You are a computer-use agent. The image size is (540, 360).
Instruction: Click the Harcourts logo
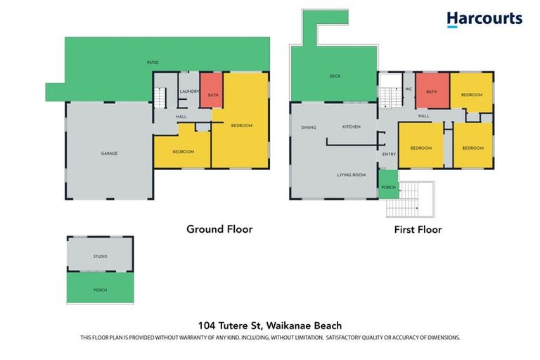tap(484, 19)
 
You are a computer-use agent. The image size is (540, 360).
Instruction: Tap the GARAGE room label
tap(109, 153)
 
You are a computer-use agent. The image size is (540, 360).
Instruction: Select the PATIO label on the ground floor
tap(153, 63)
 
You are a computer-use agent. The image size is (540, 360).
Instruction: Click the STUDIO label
tap(100, 256)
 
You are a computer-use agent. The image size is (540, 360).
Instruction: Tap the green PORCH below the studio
tap(100, 289)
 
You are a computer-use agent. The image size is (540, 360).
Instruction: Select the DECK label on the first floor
tap(335, 76)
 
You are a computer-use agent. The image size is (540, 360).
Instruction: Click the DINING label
tap(309, 127)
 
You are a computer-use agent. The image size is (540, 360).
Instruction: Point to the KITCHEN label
tap(351, 127)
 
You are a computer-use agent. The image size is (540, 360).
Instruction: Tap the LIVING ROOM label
tap(351, 174)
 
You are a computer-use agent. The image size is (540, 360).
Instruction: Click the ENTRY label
tap(389, 155)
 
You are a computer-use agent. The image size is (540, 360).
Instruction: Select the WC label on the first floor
tap(408, 89)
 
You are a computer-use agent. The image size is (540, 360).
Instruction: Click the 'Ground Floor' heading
tap(219, 229)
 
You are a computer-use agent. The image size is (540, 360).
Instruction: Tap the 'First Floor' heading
tap(418, 229)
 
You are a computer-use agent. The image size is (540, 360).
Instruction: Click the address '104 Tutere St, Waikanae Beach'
tap(270, 325)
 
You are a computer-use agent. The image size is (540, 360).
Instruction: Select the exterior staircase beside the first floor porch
tap(411, 200)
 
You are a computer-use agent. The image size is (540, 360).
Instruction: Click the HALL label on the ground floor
tap(181, 117)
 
